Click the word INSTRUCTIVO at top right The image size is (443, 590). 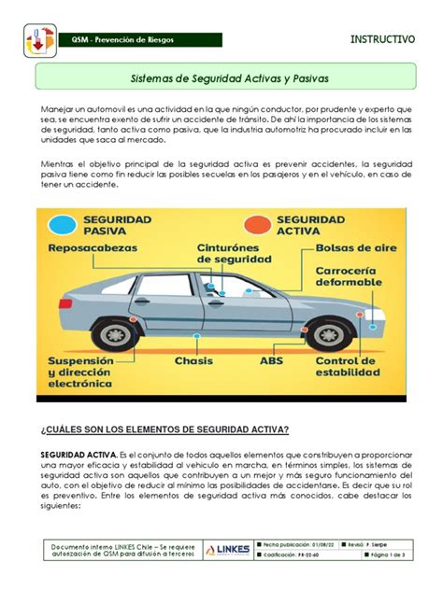[383, 39]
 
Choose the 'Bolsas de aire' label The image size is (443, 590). [354, 249]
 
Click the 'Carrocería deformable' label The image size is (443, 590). [350, 278]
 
